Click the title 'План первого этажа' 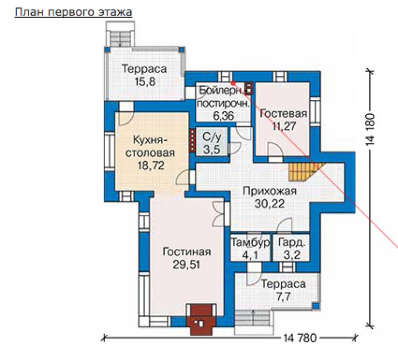point(74,12)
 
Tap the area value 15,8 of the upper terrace point(145,82)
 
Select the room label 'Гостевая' point(283,113)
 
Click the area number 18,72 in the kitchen point(151,165)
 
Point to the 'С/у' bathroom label point(212,137)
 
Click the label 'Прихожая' point(269,191)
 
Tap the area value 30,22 point(269,204)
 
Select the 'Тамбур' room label point(250,243)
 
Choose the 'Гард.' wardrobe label point(292,243)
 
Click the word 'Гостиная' point(187,252)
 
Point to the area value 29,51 point(187,265)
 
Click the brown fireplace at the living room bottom point(201,320)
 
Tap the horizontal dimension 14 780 point(300,338)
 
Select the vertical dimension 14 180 point(371,129)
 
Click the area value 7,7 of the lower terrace point(283,297)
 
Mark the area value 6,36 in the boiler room point(223,116)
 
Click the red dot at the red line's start point(233,83)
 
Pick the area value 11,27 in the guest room point(284,126)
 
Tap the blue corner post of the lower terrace point(316,306)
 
